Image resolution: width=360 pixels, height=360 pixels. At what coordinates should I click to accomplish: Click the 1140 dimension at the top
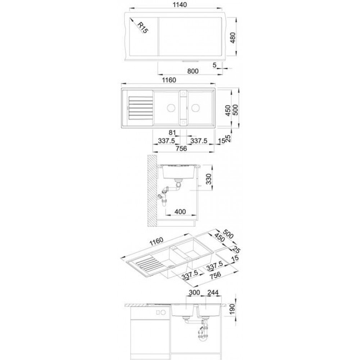click(180, 5)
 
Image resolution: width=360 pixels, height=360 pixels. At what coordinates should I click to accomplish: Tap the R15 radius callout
click(142, 28)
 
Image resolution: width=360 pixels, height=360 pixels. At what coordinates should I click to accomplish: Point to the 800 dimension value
click(193, 71)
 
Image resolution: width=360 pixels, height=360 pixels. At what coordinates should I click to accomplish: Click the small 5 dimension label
click(215, 65)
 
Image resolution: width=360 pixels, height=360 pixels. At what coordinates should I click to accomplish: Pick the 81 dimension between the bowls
click(172, 132)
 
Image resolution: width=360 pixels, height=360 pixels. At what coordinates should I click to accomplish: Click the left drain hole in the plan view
click(171, 108)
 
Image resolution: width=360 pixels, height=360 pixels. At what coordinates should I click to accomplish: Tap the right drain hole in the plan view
click(195, 108)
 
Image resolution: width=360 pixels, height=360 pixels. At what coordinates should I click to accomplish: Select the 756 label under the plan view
click(181, 149)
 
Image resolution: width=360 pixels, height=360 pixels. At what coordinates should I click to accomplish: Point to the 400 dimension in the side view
click(180, 211)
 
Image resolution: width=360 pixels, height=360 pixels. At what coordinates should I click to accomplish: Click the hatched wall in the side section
click(152, 190)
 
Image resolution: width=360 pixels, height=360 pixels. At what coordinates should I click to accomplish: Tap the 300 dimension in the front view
click(194, 292)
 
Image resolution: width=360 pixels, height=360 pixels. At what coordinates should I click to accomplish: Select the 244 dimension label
click(213, 292)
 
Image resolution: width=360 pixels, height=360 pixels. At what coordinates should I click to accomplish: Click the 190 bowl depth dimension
click(232, 309)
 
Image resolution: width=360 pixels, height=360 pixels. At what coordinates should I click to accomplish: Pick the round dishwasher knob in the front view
click(163, 312)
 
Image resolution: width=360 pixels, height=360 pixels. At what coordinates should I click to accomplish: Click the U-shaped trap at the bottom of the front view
click(203, 337)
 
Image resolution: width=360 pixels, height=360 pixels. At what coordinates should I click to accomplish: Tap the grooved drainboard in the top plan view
click(141, 108)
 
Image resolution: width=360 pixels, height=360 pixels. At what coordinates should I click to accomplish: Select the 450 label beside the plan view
click(228, 111)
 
